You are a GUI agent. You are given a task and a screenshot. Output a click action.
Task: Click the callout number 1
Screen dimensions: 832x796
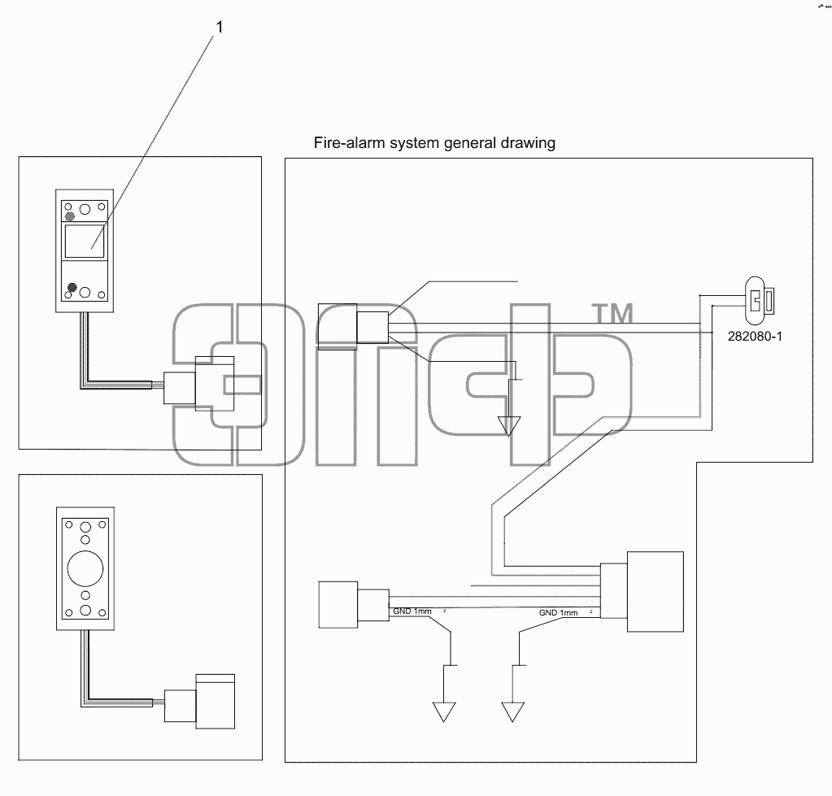pyautogui.click(x=219, y=27)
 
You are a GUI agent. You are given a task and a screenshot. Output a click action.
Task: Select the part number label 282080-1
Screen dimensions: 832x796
pyautogui.click(x=755, y=337)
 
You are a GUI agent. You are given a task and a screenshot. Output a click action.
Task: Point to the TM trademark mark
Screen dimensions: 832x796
pyautogui.click(x=612, y=313)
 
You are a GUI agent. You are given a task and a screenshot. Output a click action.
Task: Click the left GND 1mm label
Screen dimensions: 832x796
pyautogui.click(x=413, y=611)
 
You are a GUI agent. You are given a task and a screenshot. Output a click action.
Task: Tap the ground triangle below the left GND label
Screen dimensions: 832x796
pyautogui.click(x=444, y=712)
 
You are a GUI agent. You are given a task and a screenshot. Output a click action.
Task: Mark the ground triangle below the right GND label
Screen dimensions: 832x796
pyautogui.click(x=512, y=712)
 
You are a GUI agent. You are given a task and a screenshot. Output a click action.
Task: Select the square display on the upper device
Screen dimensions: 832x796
pyautogui.click(x=85, y=241)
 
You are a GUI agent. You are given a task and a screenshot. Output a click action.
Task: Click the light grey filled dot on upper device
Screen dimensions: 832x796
pyautogui.click(x=70, y=216)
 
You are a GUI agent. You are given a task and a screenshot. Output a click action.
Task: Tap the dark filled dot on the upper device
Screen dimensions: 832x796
pyautogui.click(x=72, y=288)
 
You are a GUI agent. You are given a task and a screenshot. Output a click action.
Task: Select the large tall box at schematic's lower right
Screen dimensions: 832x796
pyautogui.click(x=656, y=592)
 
